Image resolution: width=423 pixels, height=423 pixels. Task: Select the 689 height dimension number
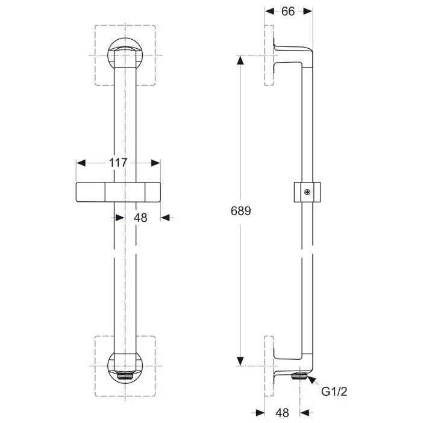(240, 211)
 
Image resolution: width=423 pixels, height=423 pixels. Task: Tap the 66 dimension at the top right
(288, 11)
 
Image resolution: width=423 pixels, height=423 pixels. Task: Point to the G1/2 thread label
(334, 391)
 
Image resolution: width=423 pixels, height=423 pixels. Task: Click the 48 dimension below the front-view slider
(140, 218)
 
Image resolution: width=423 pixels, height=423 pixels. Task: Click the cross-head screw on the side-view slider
(308, 193)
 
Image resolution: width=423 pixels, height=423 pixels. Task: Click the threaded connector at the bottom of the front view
(125, 374)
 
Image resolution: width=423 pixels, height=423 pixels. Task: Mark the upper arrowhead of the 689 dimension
(240, 60)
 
